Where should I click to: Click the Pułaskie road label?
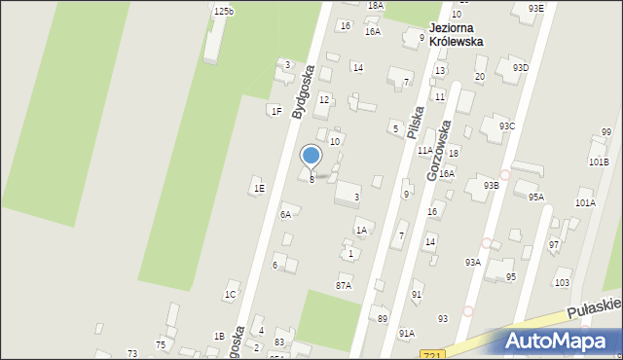pos(595,306)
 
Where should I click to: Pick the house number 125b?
pos(224,11)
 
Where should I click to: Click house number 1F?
pos(276,111)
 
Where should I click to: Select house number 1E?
pos(259,188)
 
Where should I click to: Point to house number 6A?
pos(285,214)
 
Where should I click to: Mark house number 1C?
pos(231,294)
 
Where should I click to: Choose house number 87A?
pos(343,285)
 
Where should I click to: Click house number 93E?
pos(536,8)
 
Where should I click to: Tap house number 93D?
pos(521,67)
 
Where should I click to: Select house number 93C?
pos(507,126)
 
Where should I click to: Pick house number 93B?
pos(491,185)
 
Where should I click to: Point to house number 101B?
pos(599,162)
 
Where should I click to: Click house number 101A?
pos(585,203)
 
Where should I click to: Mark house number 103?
pos(562,282)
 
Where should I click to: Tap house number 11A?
pos(425,150)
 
